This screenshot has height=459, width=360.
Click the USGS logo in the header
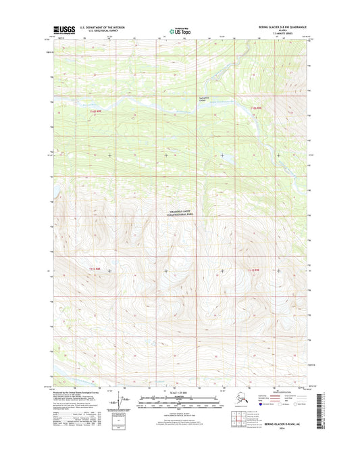click(x=65, y=30)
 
